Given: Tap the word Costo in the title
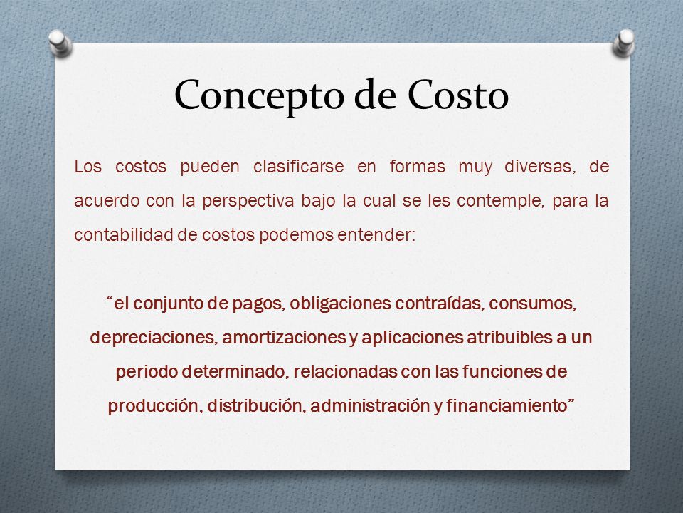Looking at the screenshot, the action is coord(458,94).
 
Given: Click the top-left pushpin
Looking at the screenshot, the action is coord(60,43).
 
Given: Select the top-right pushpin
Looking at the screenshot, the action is coord(624,43).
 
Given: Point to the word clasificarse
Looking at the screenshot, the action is coord(298,166).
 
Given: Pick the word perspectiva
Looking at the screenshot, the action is coord(248,202).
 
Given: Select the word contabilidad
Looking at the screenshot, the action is coord(123,234).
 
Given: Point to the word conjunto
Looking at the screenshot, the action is coord(168,304).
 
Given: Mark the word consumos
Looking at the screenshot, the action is coord(532,304).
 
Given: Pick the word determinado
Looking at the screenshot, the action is coord(235,372).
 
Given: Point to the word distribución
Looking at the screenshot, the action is coord(258,406).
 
